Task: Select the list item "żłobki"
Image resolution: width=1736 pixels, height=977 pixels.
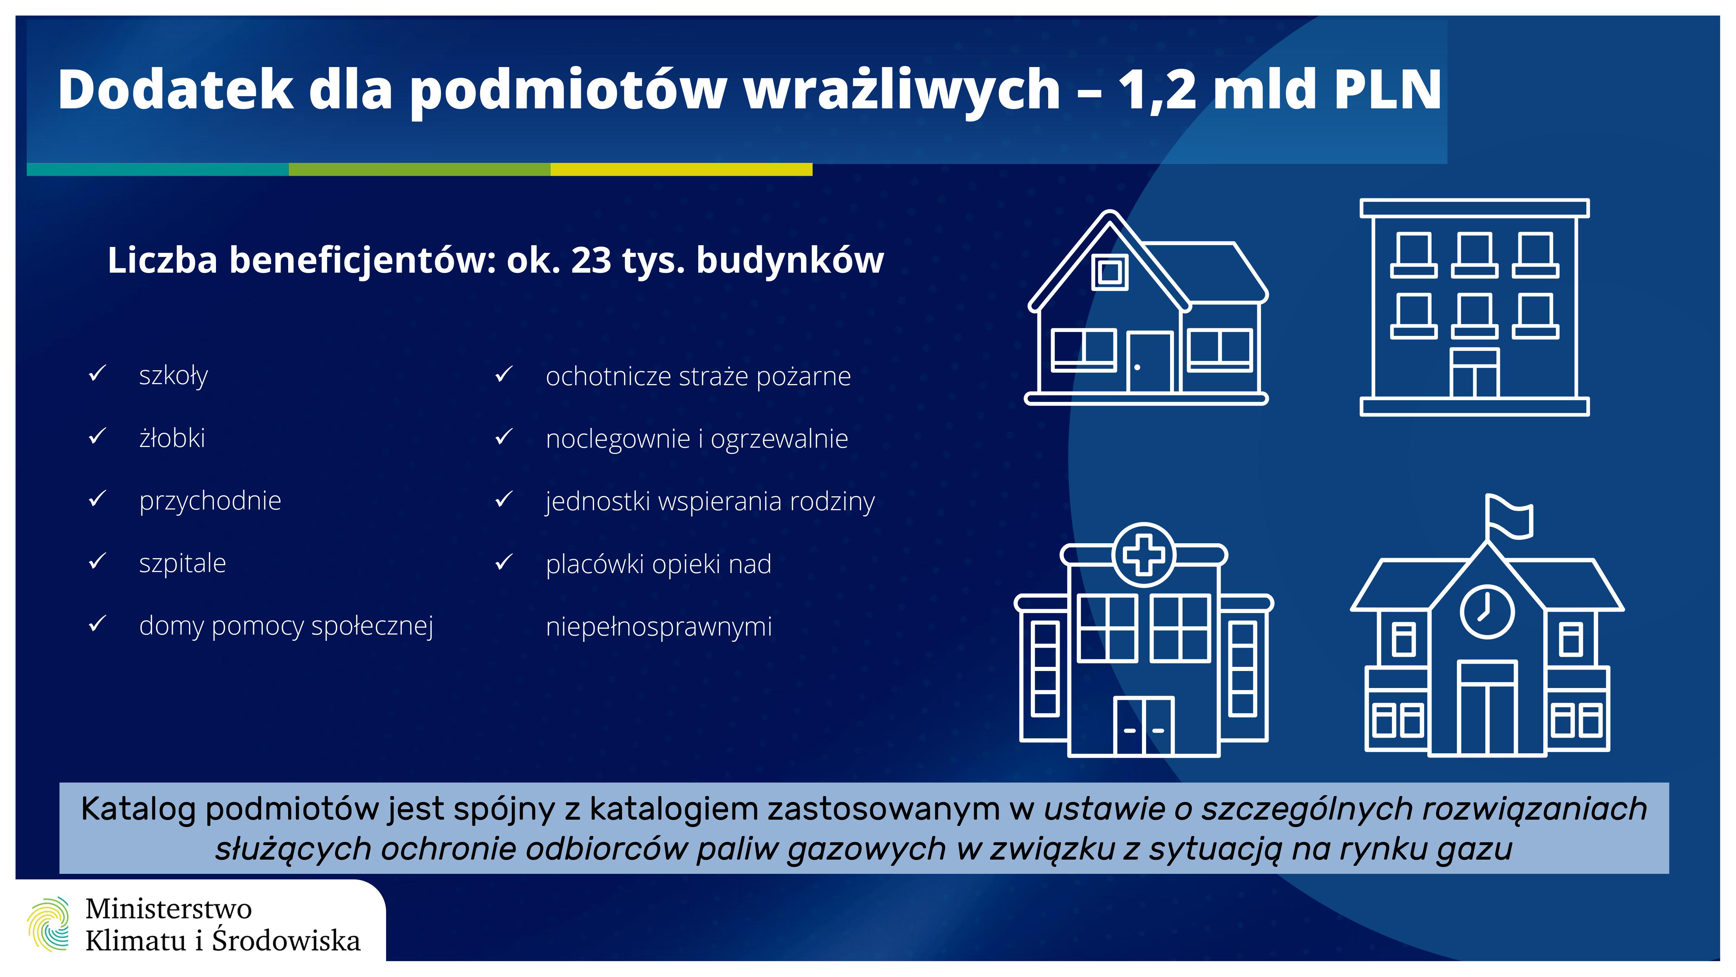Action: pos(172,438)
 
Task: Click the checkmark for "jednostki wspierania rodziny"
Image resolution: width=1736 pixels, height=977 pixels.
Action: pos(504,500)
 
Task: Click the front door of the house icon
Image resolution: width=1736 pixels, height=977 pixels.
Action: pos(1150,362)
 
